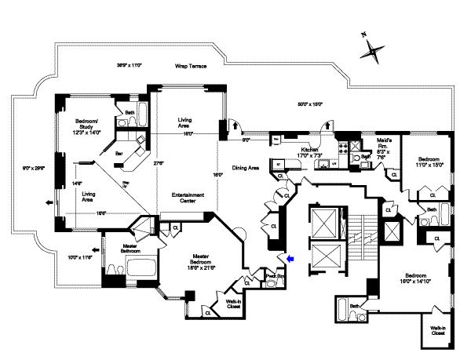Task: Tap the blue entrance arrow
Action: pos(290,257)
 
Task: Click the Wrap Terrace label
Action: pos(190,67)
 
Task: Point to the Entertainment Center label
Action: pos(187,198)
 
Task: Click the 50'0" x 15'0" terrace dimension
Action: pos(309,104)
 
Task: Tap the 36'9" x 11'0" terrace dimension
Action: pos(133,66)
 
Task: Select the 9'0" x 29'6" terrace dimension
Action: pos(32,167)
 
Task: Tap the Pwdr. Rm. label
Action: pos(274,276)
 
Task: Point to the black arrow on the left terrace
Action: pos(50,202)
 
